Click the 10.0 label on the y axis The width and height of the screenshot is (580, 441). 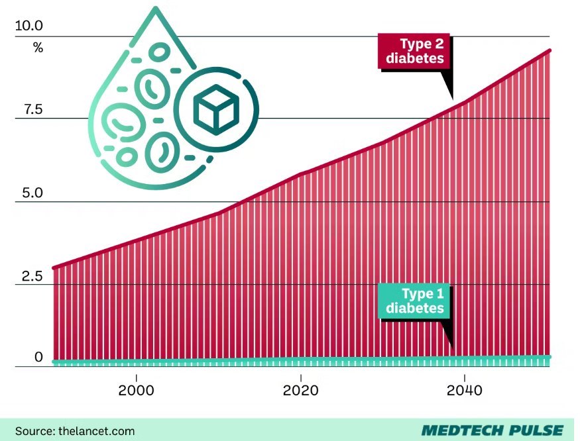click(x=29, y=26)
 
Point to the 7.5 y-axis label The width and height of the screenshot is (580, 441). click(x=29, y=110)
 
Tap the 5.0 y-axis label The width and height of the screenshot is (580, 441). click(x=29, y=193)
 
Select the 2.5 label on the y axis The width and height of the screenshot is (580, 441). click(x=29, y=276)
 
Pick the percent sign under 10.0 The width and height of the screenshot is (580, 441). click(x=38, y=48)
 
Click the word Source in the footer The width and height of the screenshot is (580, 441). click(x=32, y=430)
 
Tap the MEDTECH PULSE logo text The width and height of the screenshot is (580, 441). click(x=491, y=430)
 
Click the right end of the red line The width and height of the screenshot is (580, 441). click(x=550, y=50)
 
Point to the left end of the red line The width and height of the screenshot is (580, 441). click(x=54, y=268)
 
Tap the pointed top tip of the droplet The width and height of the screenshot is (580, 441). click(x=156, y=9)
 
